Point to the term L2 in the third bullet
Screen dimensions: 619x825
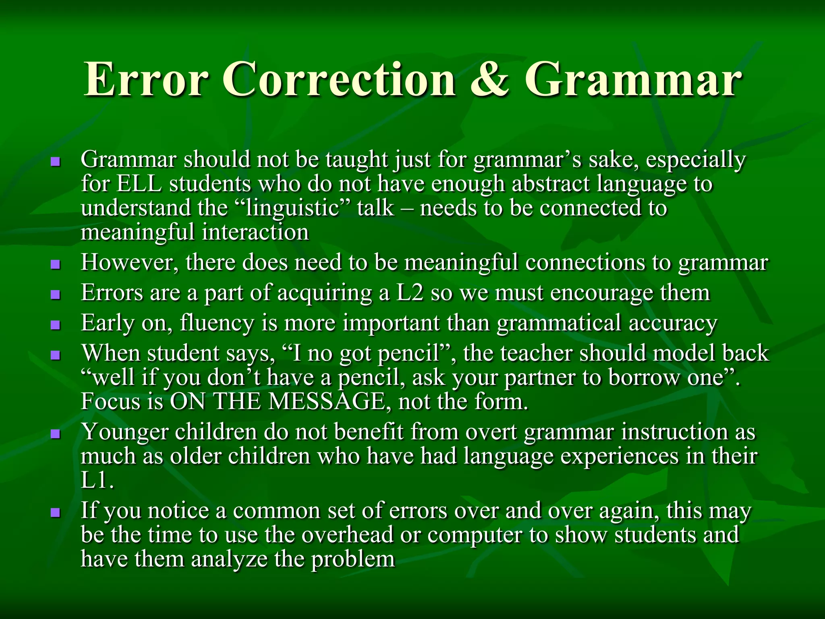(x=410, y=293)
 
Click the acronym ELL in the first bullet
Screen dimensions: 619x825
(x=139, y=184)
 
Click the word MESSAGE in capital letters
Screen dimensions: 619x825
(x=327, y=402)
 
